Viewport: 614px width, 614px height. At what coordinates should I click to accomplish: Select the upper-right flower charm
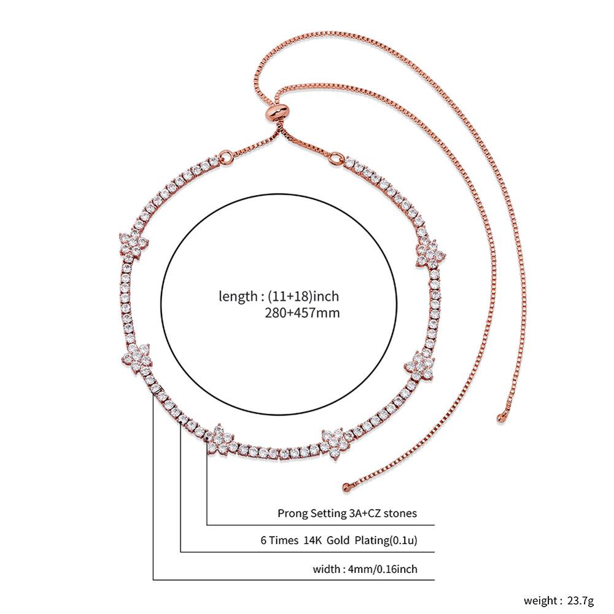click(x=430, y=253)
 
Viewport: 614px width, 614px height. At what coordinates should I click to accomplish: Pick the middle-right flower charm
click(x=420, y=365)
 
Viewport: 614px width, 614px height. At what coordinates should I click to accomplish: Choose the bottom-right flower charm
click(x=335, y=444)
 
